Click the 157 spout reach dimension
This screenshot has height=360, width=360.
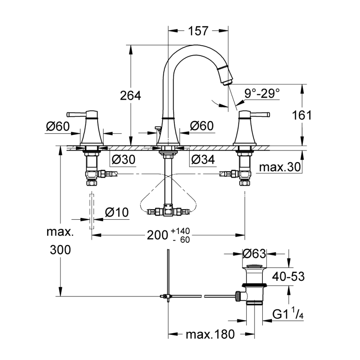198,31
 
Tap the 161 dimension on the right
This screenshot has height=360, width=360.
302,115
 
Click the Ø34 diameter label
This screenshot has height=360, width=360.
203,160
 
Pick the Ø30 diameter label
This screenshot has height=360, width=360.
124,160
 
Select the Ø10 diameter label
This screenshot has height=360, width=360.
117,212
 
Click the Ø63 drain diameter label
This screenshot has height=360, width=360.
254,254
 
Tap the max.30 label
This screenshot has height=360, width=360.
279,168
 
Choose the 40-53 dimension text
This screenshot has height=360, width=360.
288,276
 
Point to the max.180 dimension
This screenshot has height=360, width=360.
210,334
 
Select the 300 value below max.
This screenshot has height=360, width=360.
60,250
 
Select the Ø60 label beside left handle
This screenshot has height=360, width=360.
58,126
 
